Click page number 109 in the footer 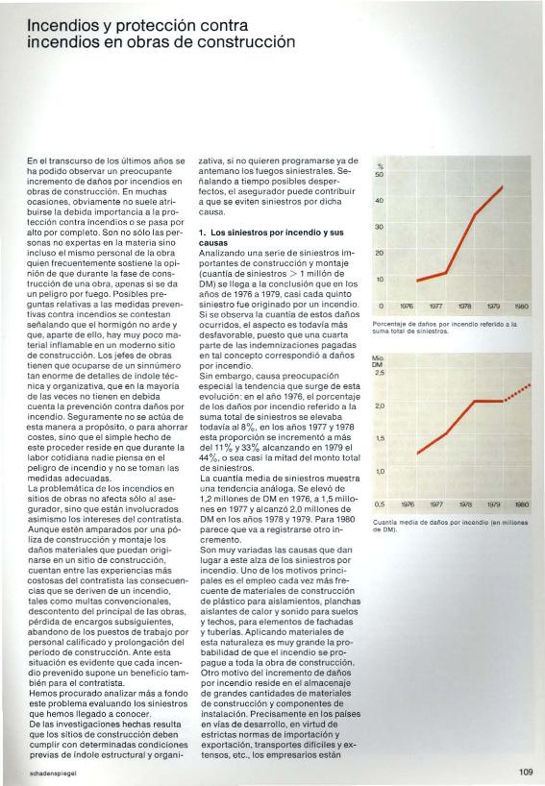coord(524,771)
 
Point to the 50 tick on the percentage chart coord(380,174)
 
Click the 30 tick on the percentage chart coord(380,227)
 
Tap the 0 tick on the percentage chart coord(381,307)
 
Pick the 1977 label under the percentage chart coord(437,307)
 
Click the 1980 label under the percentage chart coord(522,307)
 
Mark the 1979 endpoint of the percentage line coord(503,187)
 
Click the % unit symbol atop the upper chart coord(380,165)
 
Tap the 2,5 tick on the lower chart coord(380,373)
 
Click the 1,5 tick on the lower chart coord(380,438)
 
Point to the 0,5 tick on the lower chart coord(380,503)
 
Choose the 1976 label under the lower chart coord(409,503)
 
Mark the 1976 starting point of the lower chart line coord(417,453)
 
